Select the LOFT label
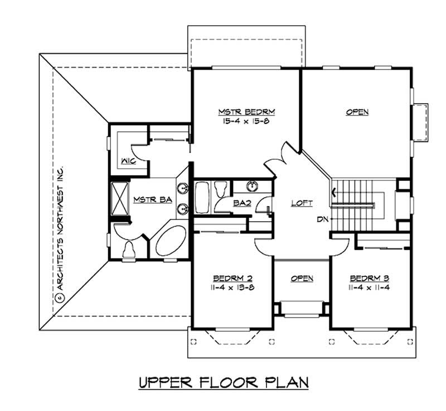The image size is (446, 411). [302, 203]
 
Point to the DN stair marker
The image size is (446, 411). [322, 219]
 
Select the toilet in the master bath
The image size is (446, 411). [128, 249]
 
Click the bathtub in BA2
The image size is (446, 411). [202, 197]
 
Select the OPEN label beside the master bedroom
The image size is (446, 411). [357, 112]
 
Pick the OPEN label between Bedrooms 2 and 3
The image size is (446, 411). [302, 278]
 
